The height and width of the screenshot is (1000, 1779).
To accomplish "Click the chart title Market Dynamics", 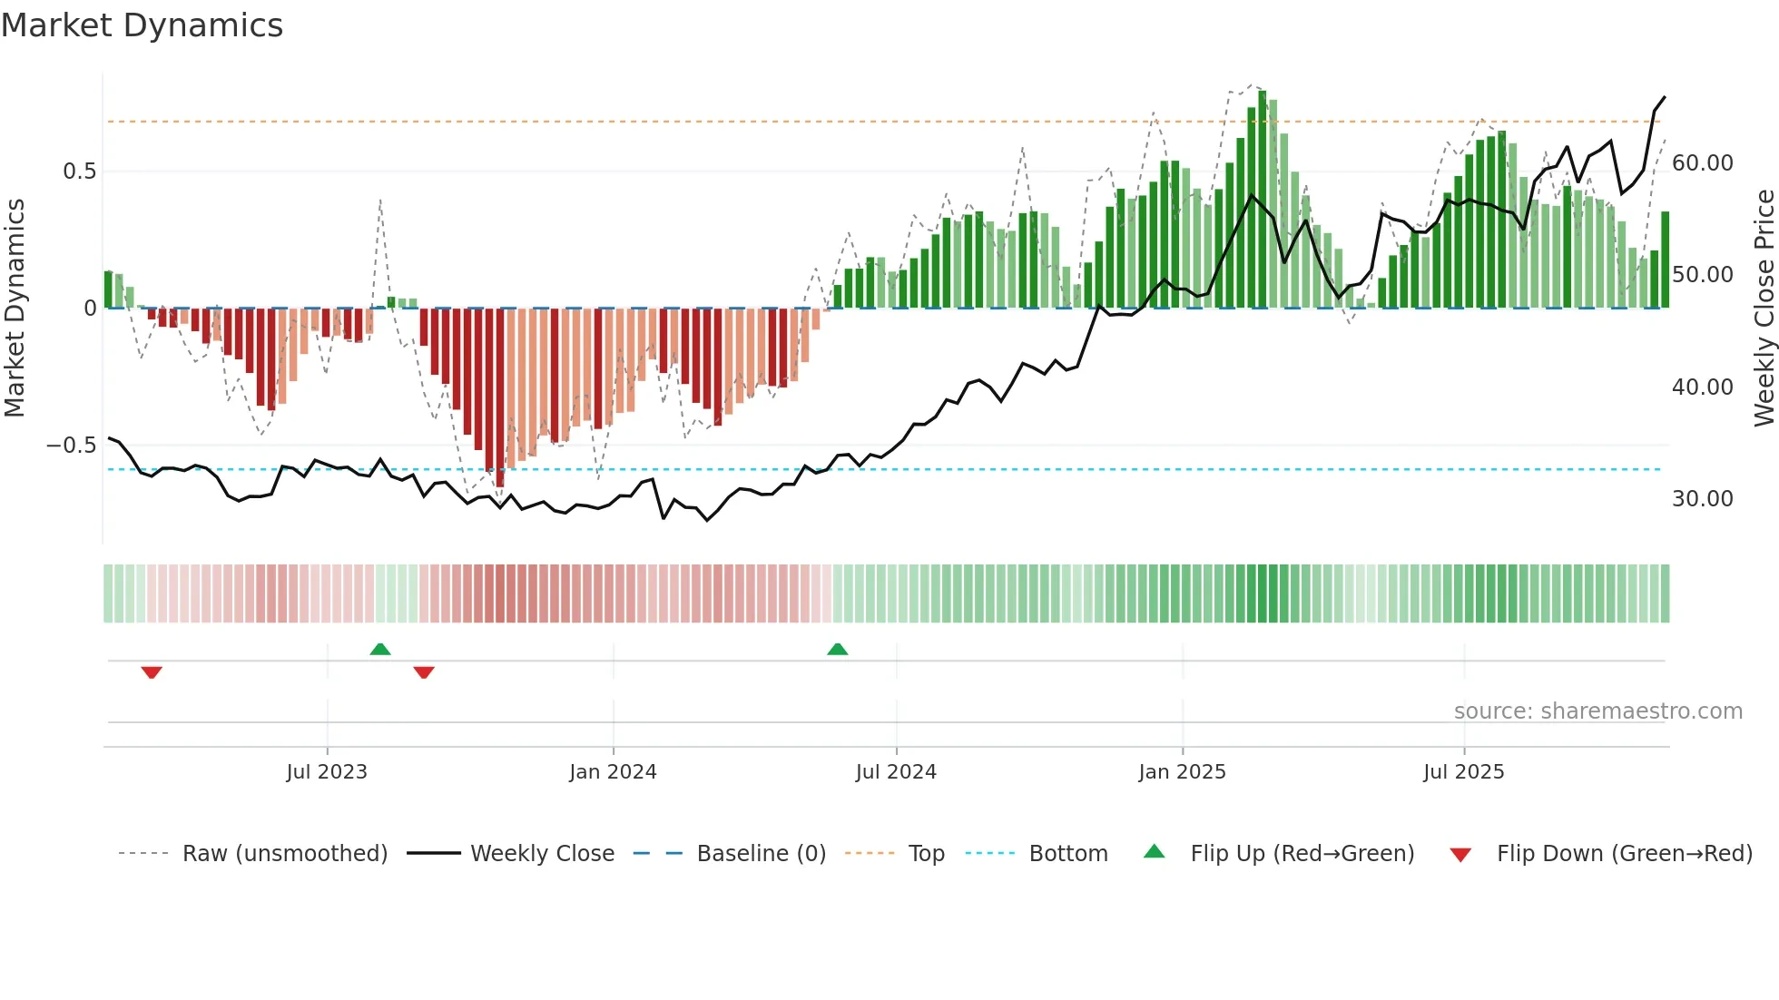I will pyautogui.click(x=142, y=25).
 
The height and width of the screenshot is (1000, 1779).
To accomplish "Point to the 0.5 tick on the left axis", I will pyautogui.click(x=79, y=172).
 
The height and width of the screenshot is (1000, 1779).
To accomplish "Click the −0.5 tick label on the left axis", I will pyautogui.click(x=72, y=446).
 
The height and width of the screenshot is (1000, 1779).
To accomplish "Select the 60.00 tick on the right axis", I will pyautogui.click(x=1702, y=163).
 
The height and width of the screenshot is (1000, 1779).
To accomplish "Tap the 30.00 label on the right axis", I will pyautogui.click(x=1702, y=499).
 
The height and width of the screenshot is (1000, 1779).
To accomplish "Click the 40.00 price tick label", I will pyautogui.click(x=1702, y=387).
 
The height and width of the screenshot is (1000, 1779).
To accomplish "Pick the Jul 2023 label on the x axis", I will pyautogui.click(x=327, y=772).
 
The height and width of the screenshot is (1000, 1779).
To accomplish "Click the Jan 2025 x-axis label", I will pyautogui.click(x=1182, y=772).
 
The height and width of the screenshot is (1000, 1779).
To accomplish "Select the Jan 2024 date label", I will pyautogui.click(x=613, y=772).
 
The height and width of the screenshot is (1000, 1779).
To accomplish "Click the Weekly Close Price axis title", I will pyautogui.click(x=1764, y=309).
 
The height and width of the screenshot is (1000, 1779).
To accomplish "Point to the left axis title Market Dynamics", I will pyautogui.click(x=15, y=309).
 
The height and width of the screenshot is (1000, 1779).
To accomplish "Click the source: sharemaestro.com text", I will pyautogui.click(x=1597, y=711).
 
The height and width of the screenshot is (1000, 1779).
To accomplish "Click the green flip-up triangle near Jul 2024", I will pyautogui.click(x=838, y=650).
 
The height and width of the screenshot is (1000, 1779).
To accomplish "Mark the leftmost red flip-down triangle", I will pyautogui.click(x=152, y=672).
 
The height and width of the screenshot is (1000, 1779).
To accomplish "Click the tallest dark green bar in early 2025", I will pyautogui.click(x=1263, y=200).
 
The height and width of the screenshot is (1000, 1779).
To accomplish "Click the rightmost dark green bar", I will pyautogui.click(x=1665, y=260).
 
